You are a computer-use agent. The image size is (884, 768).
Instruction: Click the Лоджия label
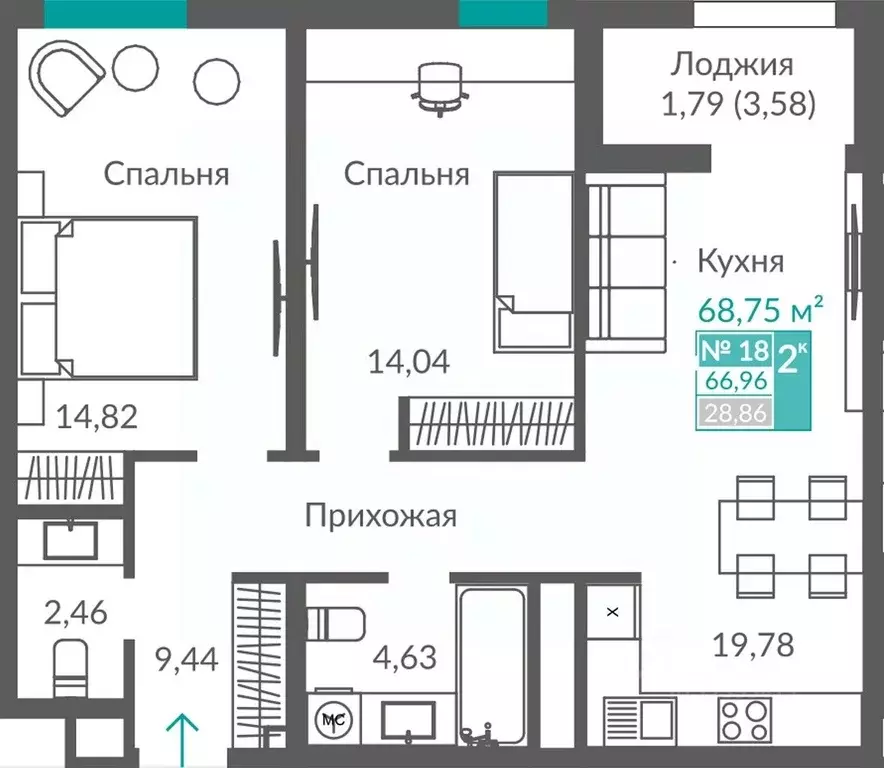click(732, 65)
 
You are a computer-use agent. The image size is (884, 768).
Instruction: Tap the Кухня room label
click(740, 262)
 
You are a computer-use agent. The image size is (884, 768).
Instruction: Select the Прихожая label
click(381, 517)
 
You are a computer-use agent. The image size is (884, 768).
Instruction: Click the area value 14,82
click(96, 414)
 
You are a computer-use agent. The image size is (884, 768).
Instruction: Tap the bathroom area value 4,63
click(404, 657)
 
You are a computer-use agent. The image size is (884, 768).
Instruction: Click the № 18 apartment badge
click(732, 351)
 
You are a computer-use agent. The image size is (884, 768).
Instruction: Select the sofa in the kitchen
click(626, 263)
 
